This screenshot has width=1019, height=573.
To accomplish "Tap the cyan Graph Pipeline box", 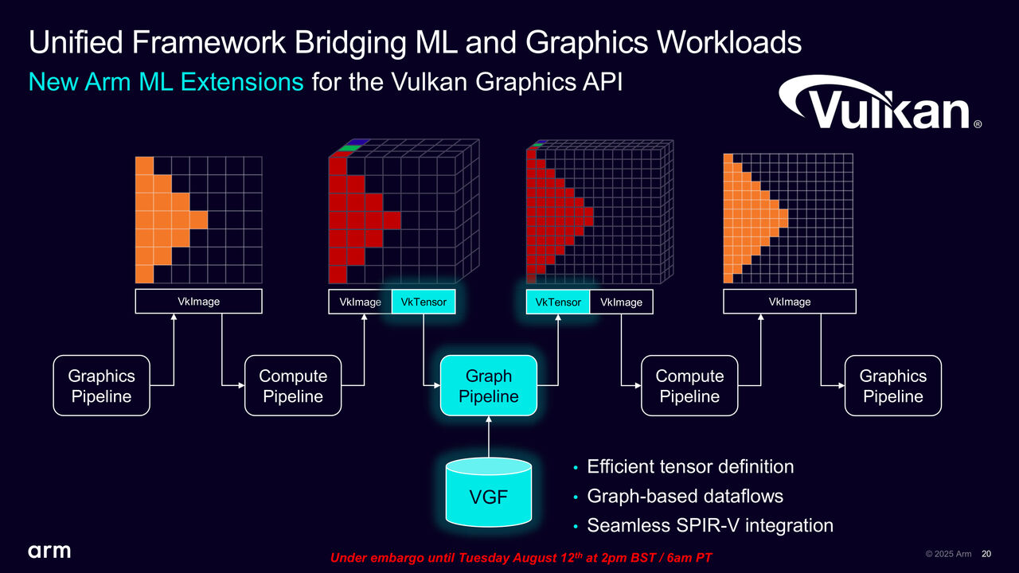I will coord(489,386).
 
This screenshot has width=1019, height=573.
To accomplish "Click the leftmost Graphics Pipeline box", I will coord(101,386).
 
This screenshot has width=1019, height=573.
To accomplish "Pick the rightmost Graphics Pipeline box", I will coord(892,386).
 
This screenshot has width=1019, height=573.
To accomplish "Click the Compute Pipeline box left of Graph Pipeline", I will coord(293,386).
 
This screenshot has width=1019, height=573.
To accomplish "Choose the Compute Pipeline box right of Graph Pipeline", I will coord(689,386).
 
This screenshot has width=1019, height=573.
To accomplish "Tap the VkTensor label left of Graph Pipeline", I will coord(424,302).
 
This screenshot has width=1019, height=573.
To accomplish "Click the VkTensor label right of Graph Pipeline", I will coord(557,302).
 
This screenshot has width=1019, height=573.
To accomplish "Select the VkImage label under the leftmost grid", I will coord(198,301).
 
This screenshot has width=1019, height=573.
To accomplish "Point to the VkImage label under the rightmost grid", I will coord(789,301).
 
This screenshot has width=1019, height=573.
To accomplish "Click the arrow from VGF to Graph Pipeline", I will coord(489,438).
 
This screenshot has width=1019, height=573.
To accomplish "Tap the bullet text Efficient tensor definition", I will coord(690,466).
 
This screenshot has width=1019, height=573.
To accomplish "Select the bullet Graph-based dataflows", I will coord(685,496).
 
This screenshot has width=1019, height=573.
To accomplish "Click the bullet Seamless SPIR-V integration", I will coord(709,525).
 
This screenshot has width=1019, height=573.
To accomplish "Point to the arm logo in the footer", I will coord(49,551).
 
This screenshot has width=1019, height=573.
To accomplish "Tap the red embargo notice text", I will coord(521,559).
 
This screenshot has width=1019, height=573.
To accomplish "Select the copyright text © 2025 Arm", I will coord(948,554).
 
